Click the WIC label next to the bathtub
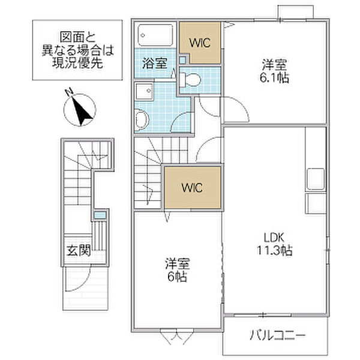tap(200, 43)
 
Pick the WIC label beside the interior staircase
tap(192, 187)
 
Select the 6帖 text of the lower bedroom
tap(176, 278)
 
